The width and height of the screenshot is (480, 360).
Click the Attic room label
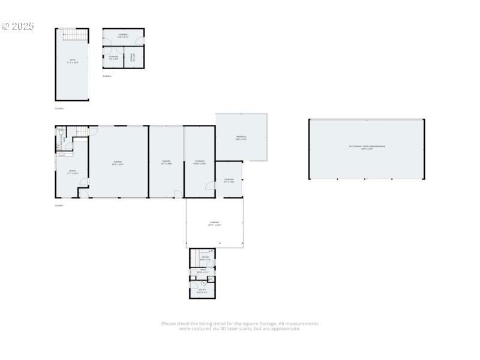[72, 61]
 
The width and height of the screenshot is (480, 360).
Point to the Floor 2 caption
[59, 109]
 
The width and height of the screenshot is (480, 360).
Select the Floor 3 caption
[107, 76]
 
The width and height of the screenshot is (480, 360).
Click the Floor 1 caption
[59, 206]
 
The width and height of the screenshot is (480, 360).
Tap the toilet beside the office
[59, 146]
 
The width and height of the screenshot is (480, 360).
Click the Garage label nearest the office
[118, 162]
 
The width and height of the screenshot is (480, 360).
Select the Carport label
[214, 224]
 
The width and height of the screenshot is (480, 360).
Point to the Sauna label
[205, 258]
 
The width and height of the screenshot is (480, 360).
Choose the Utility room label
[202, 291]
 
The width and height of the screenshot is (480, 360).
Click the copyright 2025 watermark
[17, 26]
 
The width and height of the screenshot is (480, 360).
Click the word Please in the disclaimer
[168, 324]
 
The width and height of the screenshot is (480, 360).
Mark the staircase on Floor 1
[82, 131]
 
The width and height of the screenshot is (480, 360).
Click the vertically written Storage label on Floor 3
[131, 59]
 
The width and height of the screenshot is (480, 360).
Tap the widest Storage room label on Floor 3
[123, 35]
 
